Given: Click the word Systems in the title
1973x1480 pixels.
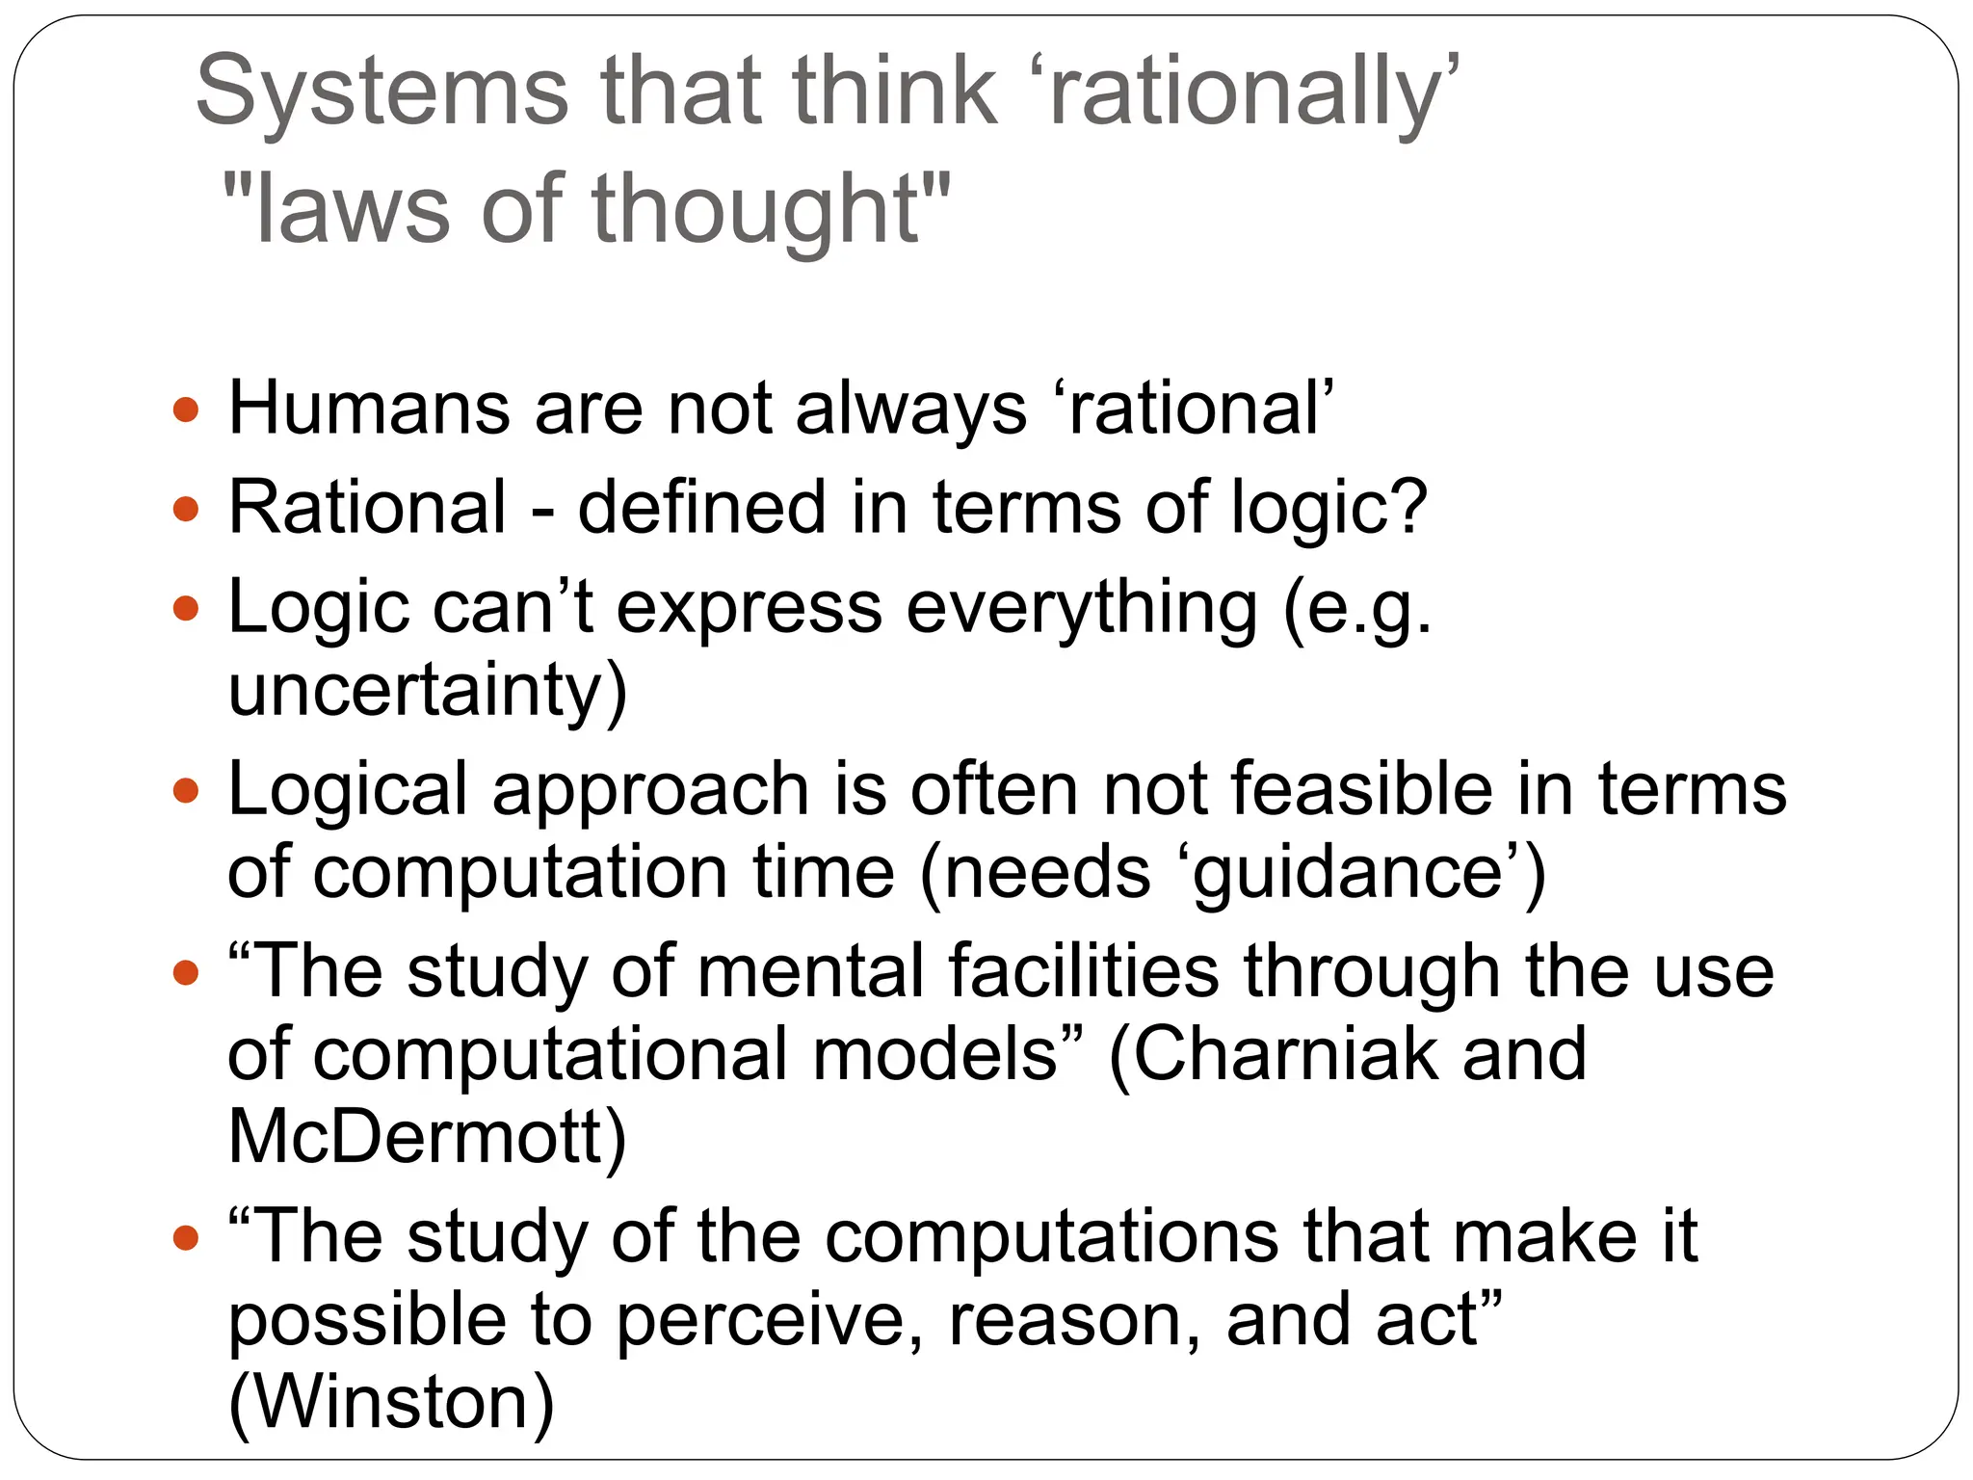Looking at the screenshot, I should [x=381, y=92].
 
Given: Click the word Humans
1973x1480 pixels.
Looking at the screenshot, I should [x=369, y=409].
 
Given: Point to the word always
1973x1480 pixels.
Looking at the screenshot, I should [x=911, y=409].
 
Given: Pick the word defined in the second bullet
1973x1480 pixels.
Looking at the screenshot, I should [x=701, y=508].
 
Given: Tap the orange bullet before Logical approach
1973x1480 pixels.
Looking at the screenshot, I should [x=186, y=791].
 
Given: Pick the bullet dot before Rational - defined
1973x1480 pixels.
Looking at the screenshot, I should [x=186, y=510].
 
